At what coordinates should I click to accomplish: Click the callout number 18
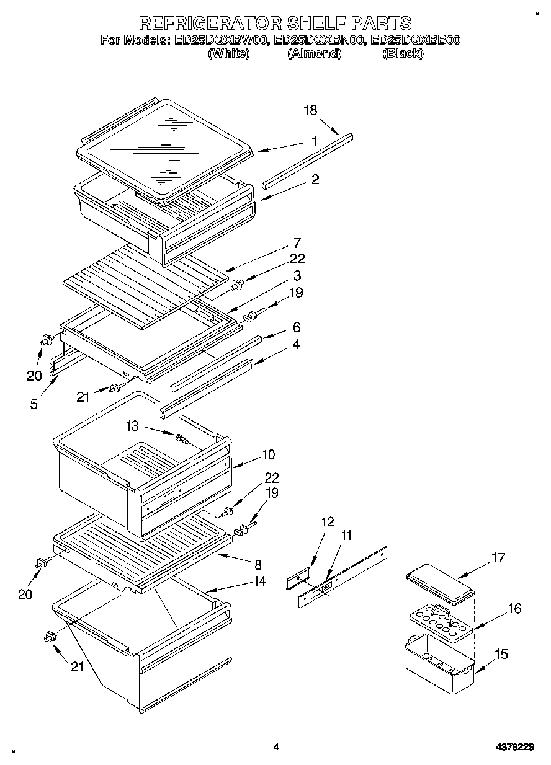tap(310, 110)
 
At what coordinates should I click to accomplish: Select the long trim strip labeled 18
tap(307, 159)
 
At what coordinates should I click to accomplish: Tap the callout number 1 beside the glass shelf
tap(314, 141)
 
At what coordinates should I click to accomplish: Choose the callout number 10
tap(268, 454)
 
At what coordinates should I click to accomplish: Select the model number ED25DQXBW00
tap(220, 40)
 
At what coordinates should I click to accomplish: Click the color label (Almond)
tap(314, 54)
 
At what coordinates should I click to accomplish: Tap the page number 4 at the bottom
tap(276, 747)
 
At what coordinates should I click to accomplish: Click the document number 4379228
tap(513, 747)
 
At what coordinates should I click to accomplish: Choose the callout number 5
tap(34, 404)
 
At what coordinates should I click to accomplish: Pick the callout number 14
tap(259, 581)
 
